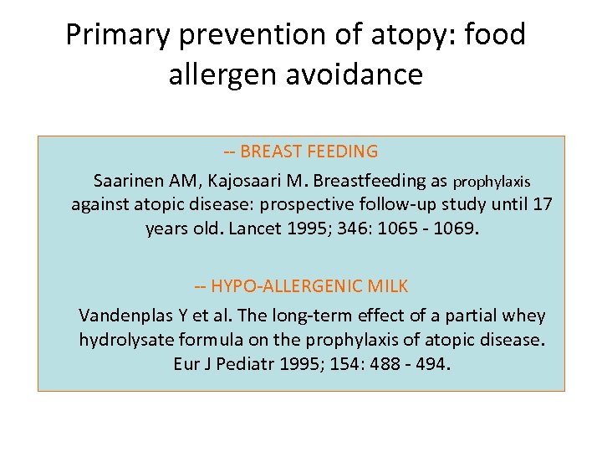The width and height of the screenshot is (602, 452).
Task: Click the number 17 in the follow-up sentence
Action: pos(543,203)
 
